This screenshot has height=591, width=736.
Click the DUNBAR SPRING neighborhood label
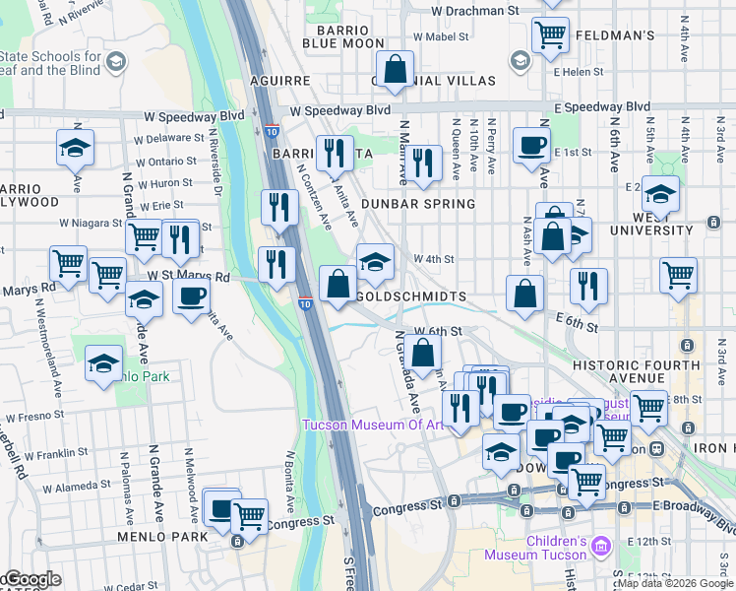pyautogui.click(x=417, y=204)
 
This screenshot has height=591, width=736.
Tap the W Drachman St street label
pyautogui.click(x=475, y=10)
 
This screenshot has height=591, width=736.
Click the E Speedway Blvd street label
pyautogui.click(x=601, y=106)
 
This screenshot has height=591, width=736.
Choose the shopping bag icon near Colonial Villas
pyautogui.click(x=395, y=70)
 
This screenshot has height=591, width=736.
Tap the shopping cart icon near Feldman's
pyautogui.click(x=550, y=33)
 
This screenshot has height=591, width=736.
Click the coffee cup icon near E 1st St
pyautogui.click(x=531, y=146)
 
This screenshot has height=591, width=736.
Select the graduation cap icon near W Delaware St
pyautogui.click(x=75, y=148)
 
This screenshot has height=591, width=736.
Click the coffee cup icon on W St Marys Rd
pyautogui.click(x=191, y=295)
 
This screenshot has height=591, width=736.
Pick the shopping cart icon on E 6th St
pyautogui.click(x=678, y=275)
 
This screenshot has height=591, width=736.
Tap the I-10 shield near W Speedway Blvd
pyautogui.click(x=271, y=130)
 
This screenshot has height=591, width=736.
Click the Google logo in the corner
pyautogui.click(x=31, y=580)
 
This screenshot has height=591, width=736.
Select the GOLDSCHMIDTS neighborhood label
pyautogui.click(x=401, y=295)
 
